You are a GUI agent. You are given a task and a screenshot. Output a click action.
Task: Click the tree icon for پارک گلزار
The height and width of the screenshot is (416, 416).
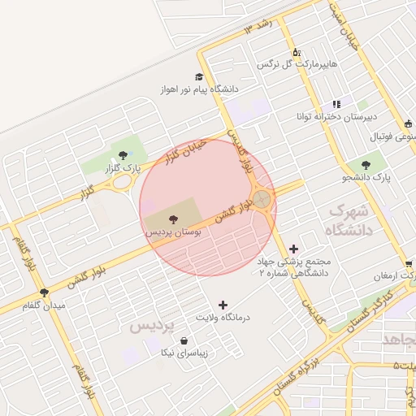(123, 154)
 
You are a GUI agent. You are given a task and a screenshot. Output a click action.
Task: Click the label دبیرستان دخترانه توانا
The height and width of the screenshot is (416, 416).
(335, 115)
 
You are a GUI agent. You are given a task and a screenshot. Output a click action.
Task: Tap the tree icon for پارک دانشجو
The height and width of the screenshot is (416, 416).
(377, 165)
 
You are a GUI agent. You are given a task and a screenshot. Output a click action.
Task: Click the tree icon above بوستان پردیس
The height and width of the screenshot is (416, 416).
(173, 218)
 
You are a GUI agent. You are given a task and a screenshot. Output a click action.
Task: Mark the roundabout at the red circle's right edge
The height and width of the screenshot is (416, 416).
(262, 198)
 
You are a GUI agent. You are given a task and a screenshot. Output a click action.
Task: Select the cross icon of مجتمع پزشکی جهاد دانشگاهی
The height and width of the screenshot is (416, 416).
(293, 248)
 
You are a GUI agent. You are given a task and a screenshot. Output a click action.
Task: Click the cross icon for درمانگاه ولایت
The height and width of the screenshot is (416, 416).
(223, 304)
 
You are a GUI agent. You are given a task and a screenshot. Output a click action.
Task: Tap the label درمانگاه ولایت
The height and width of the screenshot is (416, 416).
(223, 316)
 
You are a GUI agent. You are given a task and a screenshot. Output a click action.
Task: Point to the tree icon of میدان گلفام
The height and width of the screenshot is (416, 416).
(44, 292)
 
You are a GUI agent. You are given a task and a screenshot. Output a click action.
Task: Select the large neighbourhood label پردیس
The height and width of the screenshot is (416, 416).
(152, 326)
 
